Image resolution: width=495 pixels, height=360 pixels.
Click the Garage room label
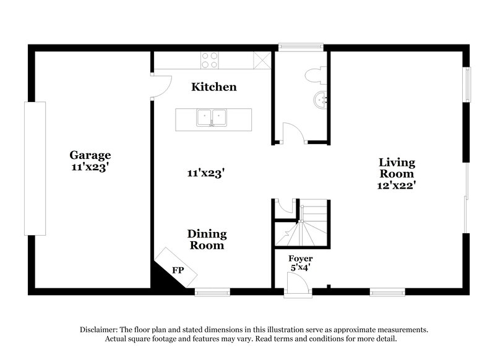90,155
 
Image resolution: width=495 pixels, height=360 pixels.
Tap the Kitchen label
213,87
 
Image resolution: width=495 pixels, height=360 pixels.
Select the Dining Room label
207,239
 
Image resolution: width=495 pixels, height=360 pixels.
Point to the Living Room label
397,163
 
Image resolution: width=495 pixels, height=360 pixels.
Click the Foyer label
301,259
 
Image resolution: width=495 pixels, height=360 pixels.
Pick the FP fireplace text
178,270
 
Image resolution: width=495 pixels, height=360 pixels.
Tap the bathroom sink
320,99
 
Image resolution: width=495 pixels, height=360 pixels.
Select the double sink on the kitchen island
212,118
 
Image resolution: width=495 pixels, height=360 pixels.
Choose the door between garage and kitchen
160,85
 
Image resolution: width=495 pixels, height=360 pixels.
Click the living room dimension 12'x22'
397,185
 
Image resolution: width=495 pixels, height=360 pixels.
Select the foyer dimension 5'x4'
301,269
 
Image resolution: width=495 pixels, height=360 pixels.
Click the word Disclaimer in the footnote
101,331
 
